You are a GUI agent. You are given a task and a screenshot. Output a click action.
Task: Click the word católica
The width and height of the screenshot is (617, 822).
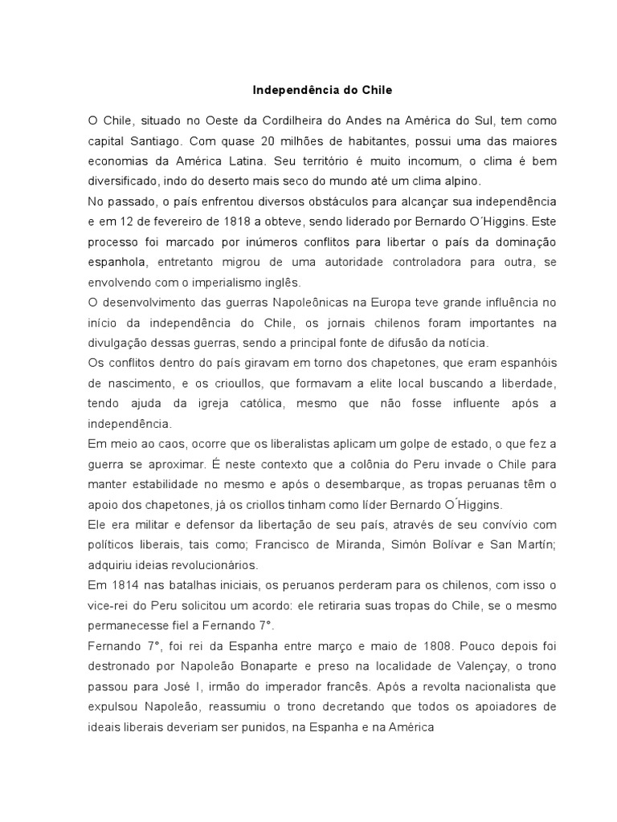[271, 404]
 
